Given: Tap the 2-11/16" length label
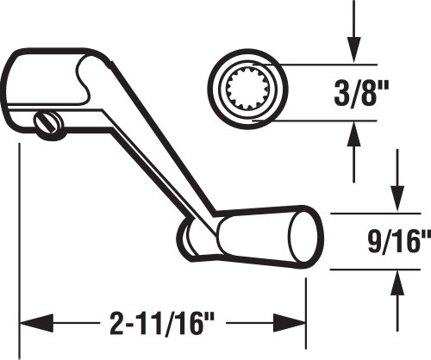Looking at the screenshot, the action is (162, 324).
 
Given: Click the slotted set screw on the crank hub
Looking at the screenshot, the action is (48, 122).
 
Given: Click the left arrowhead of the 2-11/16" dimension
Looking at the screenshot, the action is (36, 323).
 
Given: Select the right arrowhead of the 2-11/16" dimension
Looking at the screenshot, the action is (290, 323).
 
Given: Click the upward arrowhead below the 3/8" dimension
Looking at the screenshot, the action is (353, 134).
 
